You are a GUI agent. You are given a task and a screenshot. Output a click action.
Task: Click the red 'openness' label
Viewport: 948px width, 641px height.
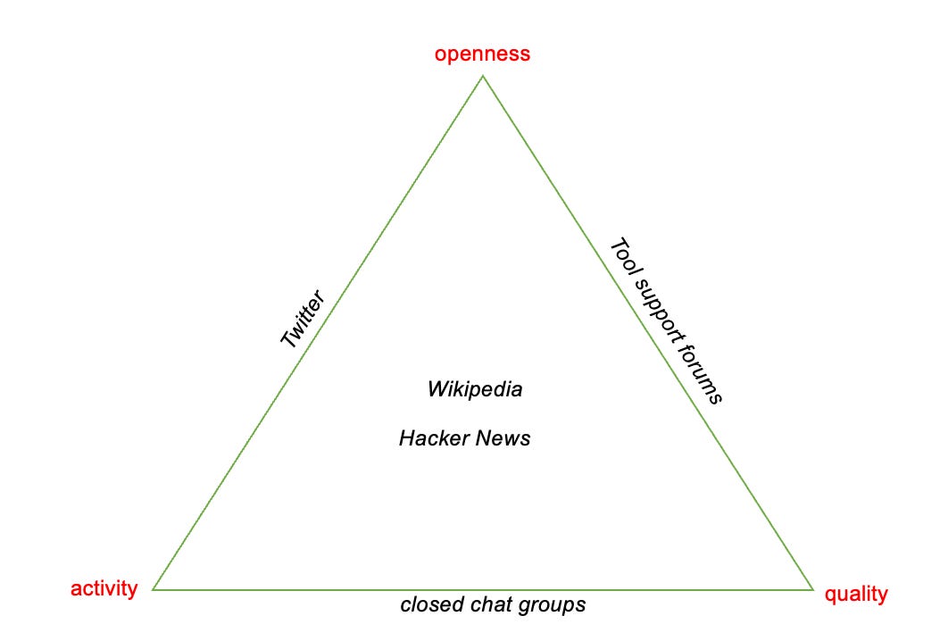click(482, 54)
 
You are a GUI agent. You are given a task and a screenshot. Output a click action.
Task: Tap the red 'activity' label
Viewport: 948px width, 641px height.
click(104, 589)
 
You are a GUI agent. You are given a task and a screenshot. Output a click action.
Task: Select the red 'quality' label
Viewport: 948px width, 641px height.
click(856, 595)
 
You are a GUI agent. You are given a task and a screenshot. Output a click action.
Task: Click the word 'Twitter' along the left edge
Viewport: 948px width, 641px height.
click(303, 319)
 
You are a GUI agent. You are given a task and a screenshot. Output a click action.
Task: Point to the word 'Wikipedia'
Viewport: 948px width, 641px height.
click(475, 389)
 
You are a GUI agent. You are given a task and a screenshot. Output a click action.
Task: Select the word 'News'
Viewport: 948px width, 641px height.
click(503, 438)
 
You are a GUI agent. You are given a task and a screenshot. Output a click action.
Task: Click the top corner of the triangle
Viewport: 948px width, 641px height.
click(482, 75)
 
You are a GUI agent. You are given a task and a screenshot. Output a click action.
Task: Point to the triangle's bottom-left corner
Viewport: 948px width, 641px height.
click(153, 589)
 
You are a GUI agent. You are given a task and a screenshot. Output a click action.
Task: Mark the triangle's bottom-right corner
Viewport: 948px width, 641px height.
click(814, 589)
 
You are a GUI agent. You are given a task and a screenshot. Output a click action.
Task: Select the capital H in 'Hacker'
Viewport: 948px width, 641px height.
click(407, 438)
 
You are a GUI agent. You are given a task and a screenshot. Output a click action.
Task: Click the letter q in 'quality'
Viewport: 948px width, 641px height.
click(830, 596)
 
